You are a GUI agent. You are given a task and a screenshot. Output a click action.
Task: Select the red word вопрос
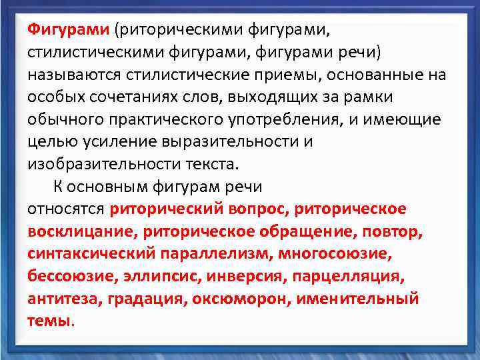[257, 209]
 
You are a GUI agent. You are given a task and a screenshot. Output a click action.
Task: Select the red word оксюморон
[239, 299]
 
